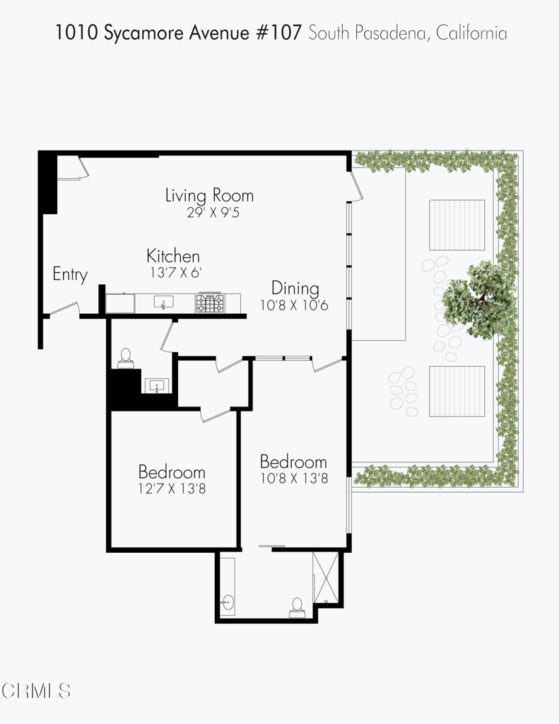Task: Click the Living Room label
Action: pos(209,195)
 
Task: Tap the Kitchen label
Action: pos(173,256)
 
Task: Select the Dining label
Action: pos(295,288)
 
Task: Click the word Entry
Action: pos(70,274)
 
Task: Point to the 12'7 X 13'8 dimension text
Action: pos(172,488)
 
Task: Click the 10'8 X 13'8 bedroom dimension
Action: pos(293,478)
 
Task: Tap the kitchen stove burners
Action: pos(210,303)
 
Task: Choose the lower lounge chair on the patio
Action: pos(457,391)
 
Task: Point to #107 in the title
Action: pos(283,33)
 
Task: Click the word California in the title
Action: pos(471,33)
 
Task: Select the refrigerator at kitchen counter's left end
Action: pos(120,303)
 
